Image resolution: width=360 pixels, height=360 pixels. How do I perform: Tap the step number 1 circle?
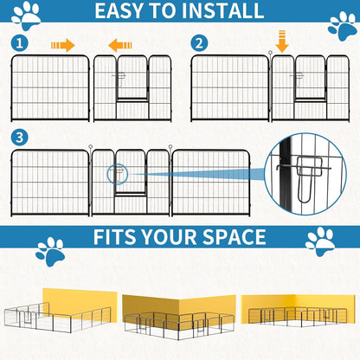[x=19, y=43]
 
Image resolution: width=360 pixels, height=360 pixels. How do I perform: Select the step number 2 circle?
[x=200, y=43]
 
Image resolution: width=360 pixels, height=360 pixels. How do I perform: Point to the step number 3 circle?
[x=19, y=137]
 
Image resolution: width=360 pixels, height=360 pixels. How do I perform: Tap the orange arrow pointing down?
[x=281, y=41]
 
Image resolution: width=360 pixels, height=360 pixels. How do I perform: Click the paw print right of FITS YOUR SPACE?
[x=320, y=241]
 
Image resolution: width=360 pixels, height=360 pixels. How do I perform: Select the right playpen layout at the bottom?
[x=297, y=313]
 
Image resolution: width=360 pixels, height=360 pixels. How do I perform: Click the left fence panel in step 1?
[x=49, y=87]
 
